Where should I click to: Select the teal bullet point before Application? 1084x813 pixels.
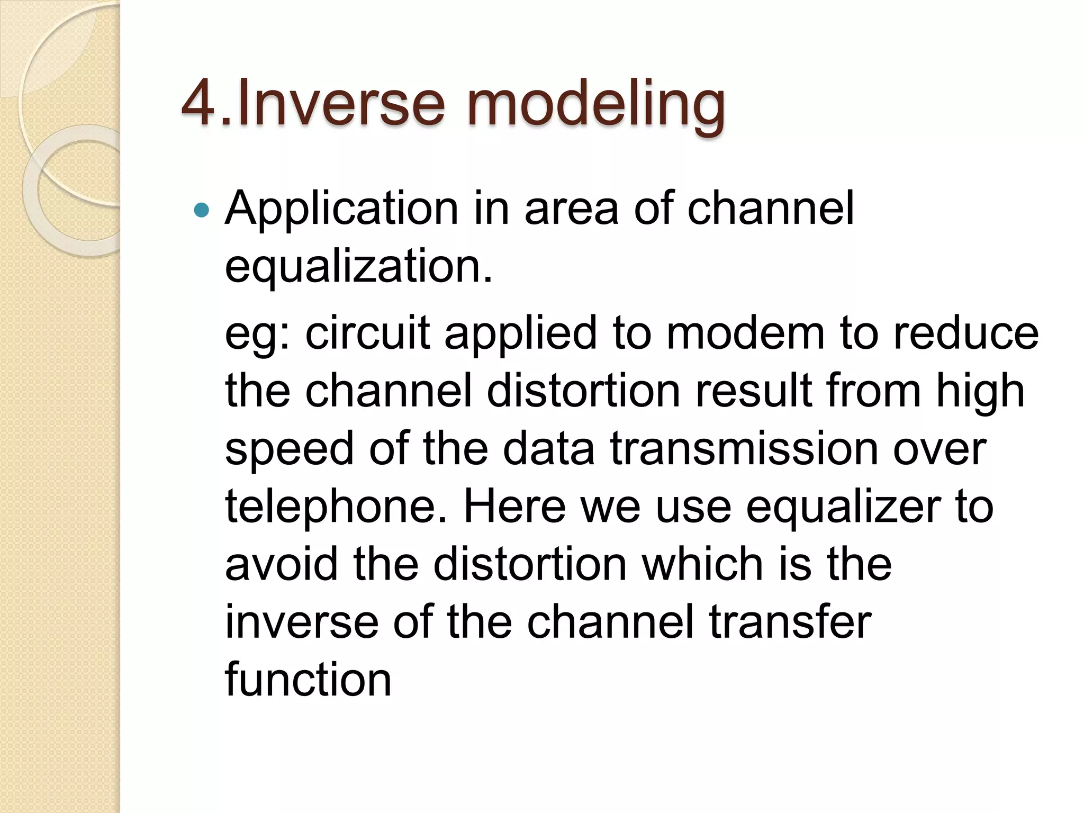(202, 211)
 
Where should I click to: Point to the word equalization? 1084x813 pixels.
(358, 267)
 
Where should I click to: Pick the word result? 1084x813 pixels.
(753, 392)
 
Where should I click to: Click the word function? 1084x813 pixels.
(308, 680)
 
